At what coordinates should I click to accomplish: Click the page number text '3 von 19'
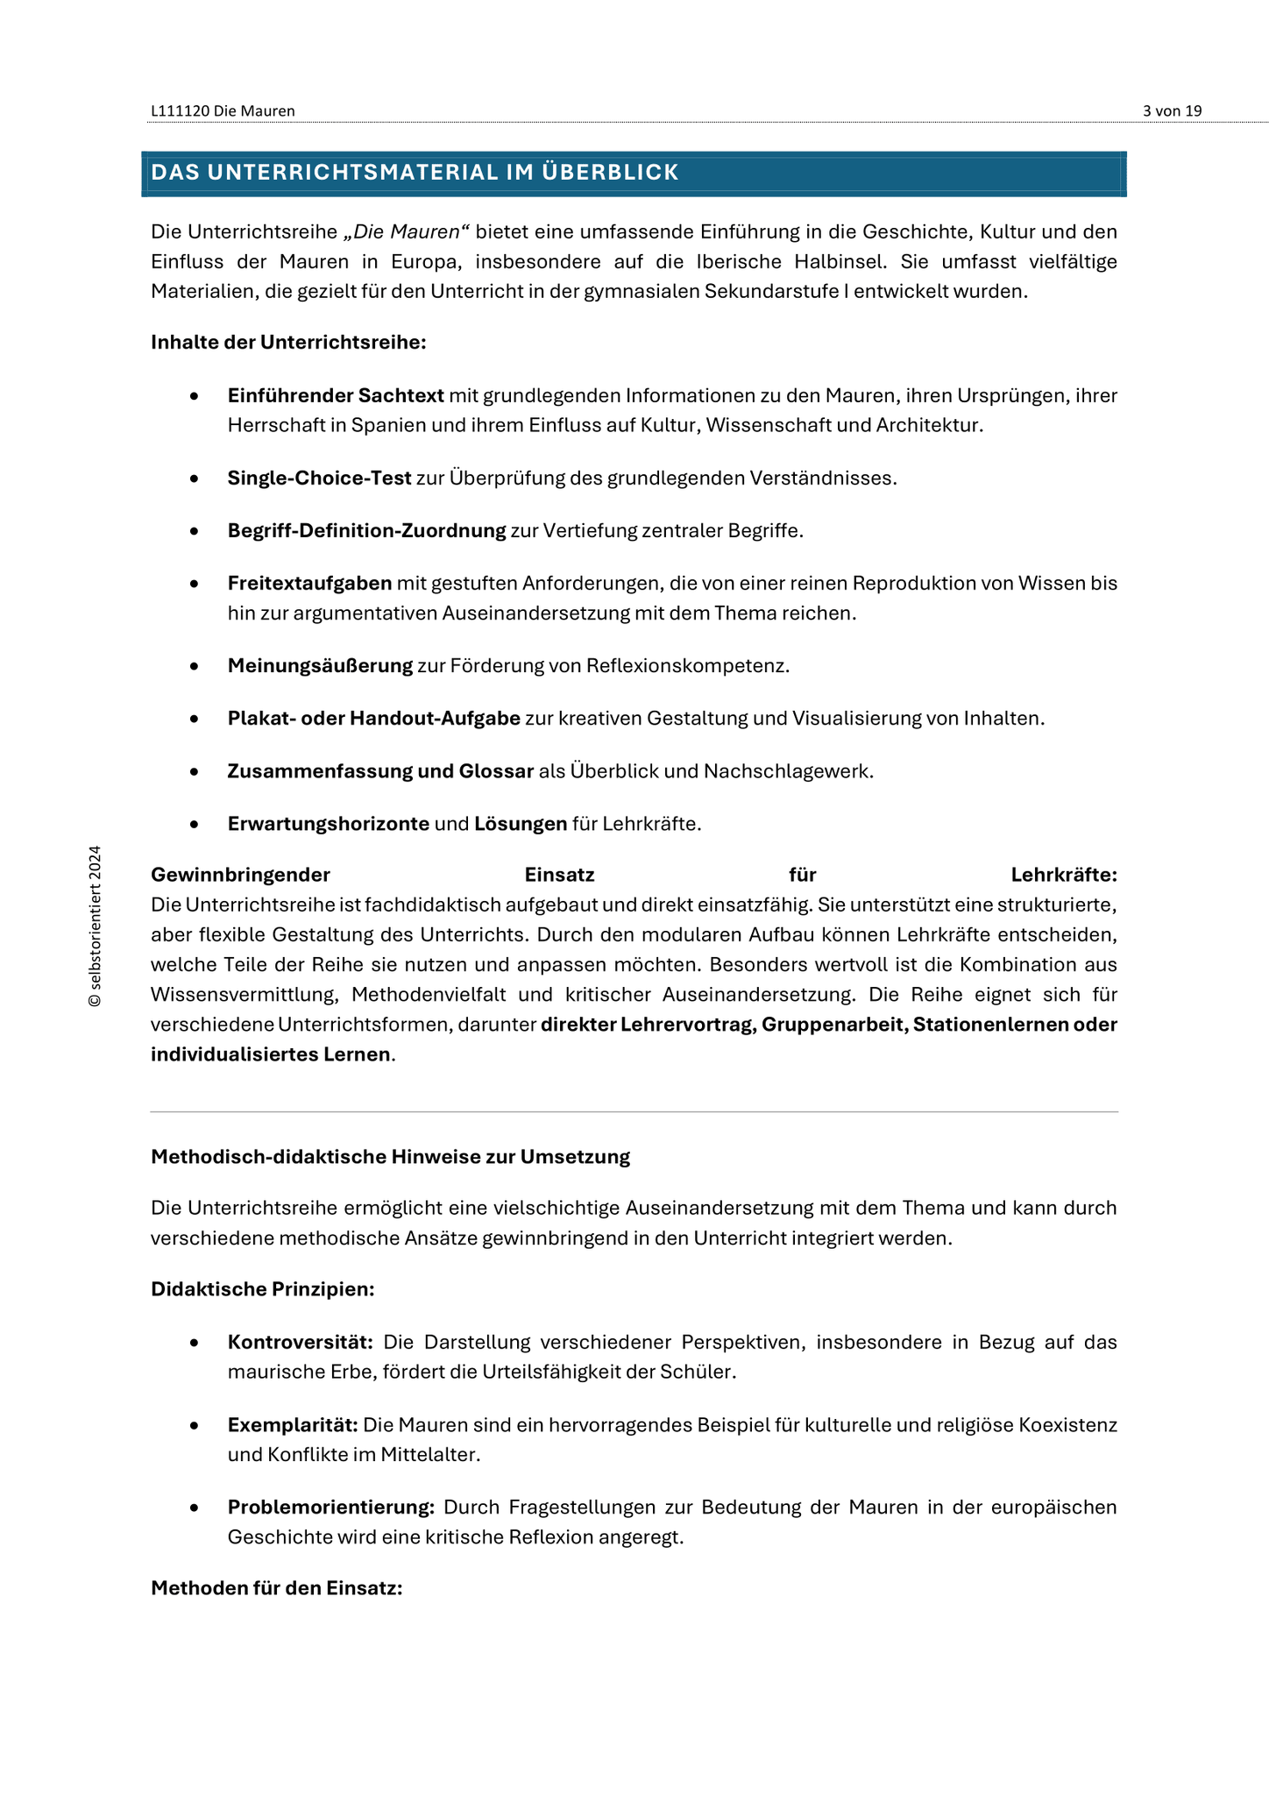(x=1172, y=110)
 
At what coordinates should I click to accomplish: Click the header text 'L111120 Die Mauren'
(x=223, y=110)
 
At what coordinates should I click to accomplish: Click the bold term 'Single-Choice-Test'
(x=319, y=479)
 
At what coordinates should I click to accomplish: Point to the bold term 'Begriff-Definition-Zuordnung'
(x=366, y=531)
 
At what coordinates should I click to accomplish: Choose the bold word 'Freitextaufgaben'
(x=309, y=584)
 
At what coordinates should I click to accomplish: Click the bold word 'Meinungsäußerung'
(x=320, y=666)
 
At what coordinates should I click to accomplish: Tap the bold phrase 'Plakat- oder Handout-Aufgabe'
(x=373, y=719)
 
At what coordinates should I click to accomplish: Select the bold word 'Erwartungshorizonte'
(x=328, y=824)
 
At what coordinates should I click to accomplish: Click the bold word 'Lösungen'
(x=521, y=824)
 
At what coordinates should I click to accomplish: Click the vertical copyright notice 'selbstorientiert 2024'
(x=96, y=926)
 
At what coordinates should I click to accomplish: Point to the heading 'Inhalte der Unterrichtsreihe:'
(x=288, y=342)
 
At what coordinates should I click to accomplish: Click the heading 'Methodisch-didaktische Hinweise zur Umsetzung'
(x=390, y=1157)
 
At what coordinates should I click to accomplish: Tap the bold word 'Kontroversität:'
(x=301, y=1343)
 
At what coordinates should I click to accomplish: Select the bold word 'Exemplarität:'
(x=293, y=1425)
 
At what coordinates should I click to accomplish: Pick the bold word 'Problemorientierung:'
(x=331, y=1508)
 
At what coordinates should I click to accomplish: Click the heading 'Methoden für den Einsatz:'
(x=276, y=1588)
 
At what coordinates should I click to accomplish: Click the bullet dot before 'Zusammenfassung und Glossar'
(x=194, y=772)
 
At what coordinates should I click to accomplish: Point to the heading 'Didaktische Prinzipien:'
(x=263, y=1289)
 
